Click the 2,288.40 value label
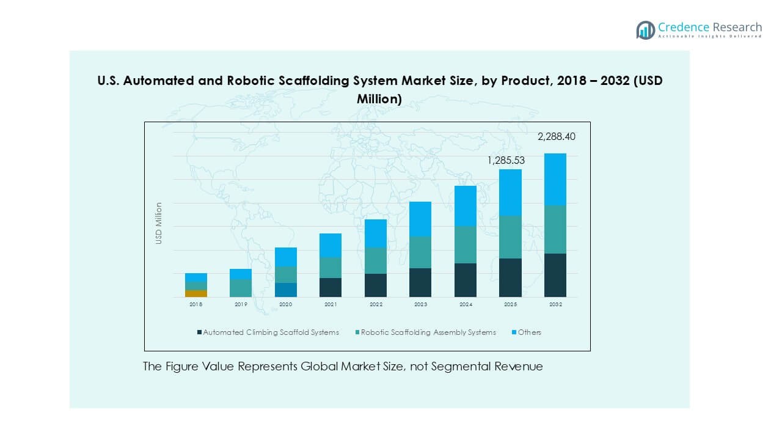[x=556, y=137]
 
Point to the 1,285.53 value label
[x=506, y=161]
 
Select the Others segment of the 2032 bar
[x=555, y=179]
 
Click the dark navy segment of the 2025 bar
[x=511, y=277]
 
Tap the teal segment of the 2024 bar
[x=466, y=244]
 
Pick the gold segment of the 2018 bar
[x=196, y=293]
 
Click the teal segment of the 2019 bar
[x=241, y=288]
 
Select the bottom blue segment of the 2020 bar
[x=286, y=290]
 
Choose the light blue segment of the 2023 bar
[x=420, y=219]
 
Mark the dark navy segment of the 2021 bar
[x=331, y=287]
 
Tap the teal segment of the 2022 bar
[x=376, y=260]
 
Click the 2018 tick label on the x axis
[x=196, y=304]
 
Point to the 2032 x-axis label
[x=555, y=304]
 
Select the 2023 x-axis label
[x=420, y=304]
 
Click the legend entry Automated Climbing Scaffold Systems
[x=268, y=332]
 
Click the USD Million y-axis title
[x=159, y=223]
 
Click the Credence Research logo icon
[x=645, y=30]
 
